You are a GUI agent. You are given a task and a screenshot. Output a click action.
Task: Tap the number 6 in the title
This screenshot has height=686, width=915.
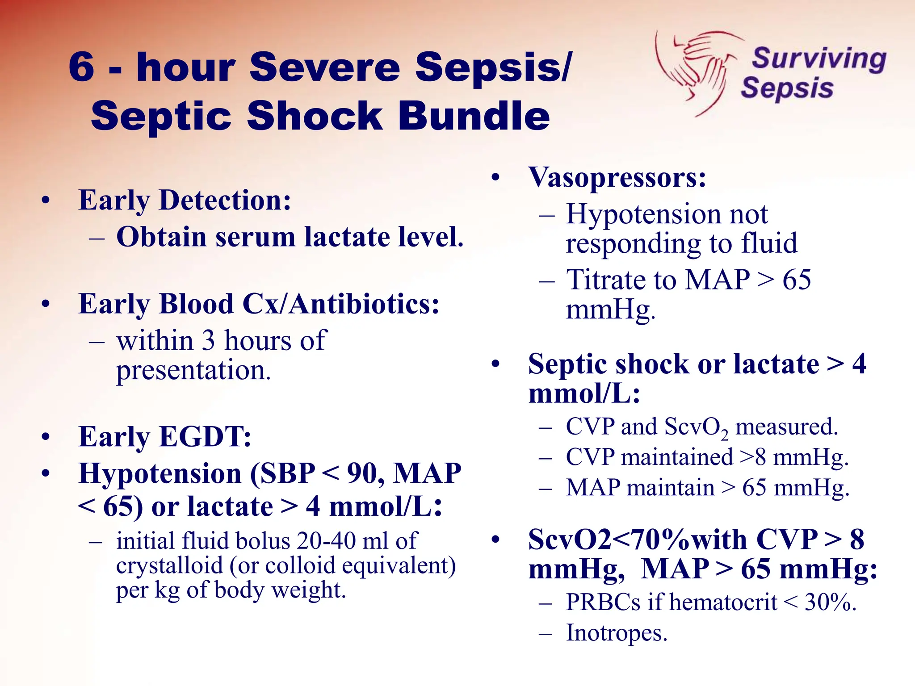point(82,67)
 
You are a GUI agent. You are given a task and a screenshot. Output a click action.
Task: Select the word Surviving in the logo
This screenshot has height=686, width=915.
point(819,59)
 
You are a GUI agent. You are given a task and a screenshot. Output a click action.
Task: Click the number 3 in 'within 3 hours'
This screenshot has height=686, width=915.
point(208,341)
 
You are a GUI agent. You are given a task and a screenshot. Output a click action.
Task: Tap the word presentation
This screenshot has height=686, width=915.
point(193,370)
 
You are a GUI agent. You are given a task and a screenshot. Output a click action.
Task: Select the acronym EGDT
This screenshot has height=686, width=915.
point(205,436)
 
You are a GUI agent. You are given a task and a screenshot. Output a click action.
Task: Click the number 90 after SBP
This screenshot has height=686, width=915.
point(365,473)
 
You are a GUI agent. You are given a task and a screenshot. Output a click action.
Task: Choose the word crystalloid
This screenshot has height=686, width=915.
point(169,565)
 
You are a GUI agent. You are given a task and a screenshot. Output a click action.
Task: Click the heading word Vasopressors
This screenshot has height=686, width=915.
point(617,178)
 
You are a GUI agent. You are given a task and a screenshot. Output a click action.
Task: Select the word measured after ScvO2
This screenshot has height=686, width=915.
point(786,427)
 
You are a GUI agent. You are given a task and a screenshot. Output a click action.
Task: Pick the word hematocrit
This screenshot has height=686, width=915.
point(723,602)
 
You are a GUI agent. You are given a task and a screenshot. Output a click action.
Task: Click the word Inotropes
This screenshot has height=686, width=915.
point(617,633)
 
